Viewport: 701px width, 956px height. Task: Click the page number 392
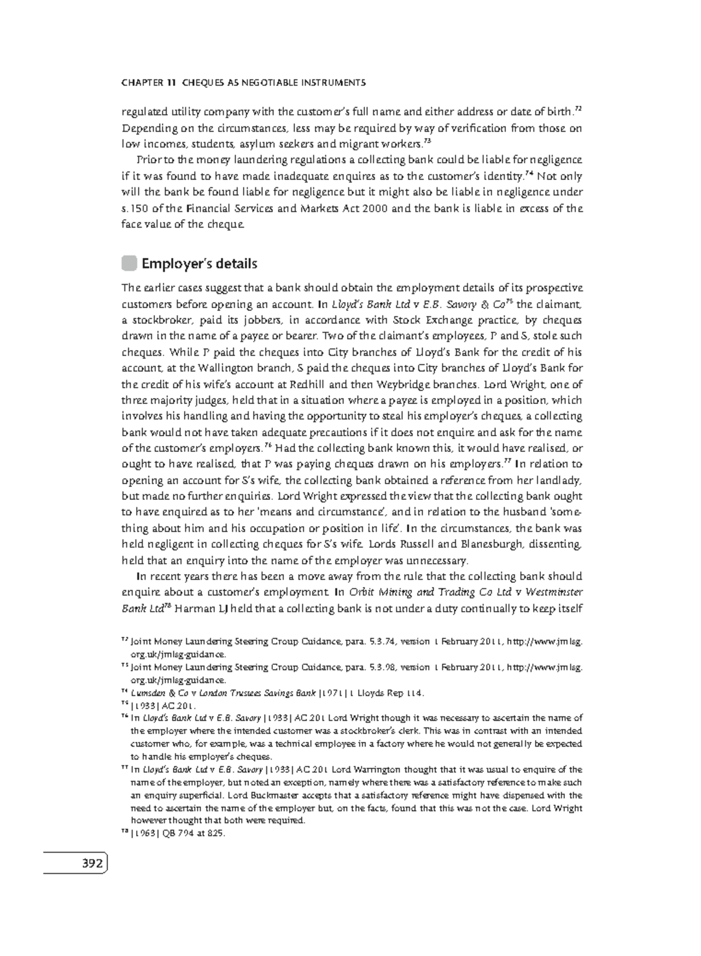92,863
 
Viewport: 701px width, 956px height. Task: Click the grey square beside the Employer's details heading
129,264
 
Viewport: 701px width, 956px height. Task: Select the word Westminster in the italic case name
550,592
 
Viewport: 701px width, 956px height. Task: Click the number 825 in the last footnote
215,834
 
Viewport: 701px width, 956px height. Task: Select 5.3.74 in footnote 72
384,642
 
